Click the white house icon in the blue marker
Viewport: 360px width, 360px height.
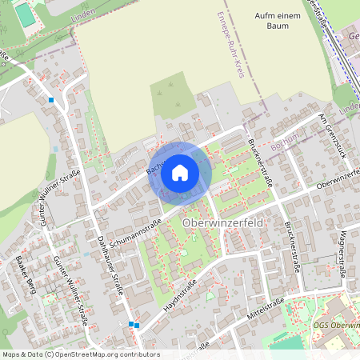180,172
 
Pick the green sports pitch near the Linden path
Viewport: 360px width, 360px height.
26,14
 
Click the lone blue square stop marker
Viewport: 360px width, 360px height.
51,100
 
